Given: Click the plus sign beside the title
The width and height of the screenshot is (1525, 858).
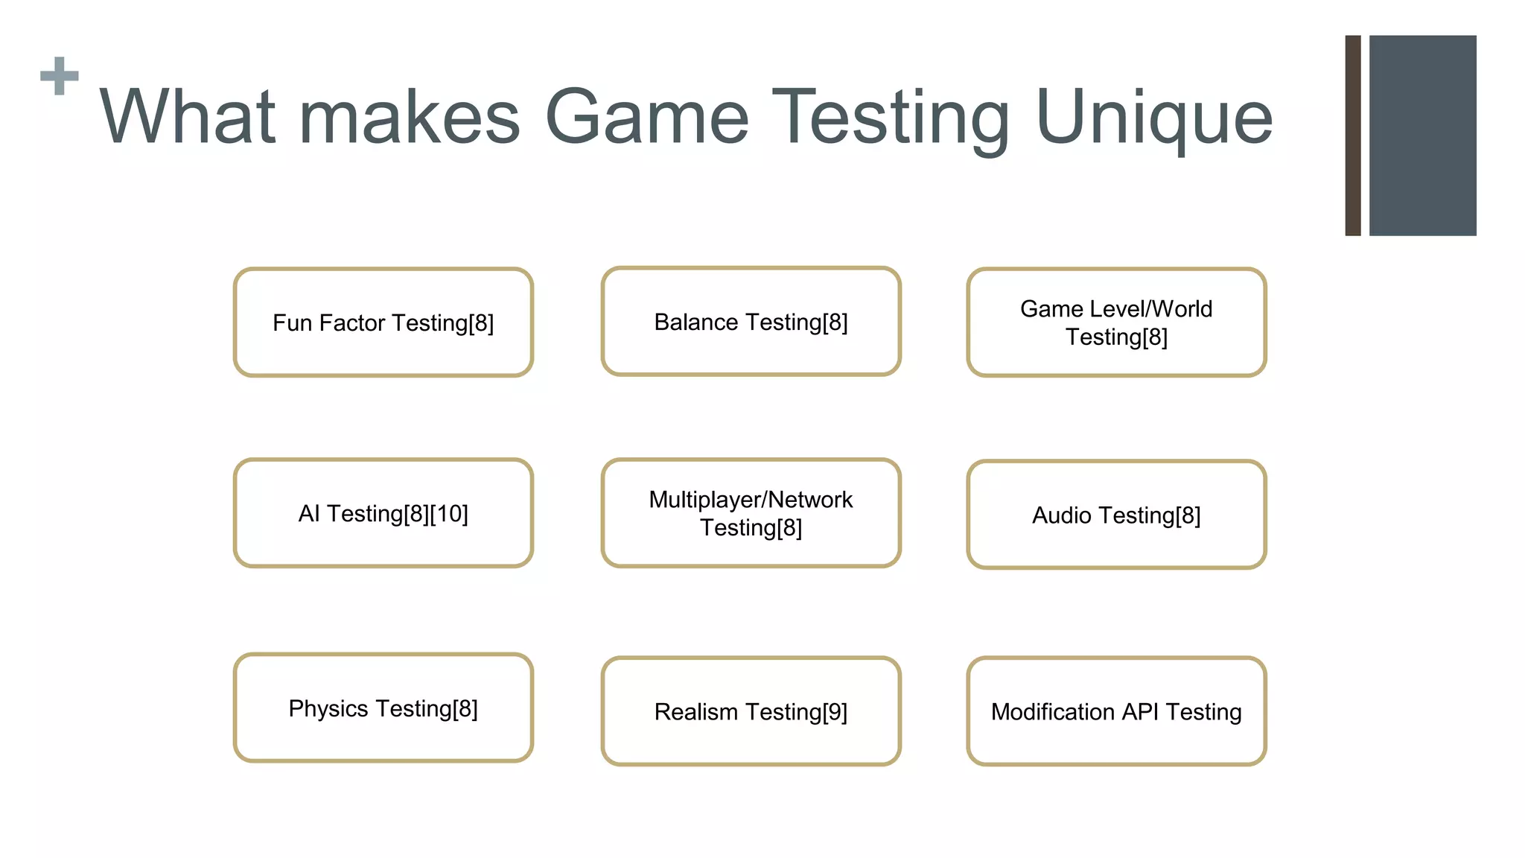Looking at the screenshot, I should (x=60, y=76).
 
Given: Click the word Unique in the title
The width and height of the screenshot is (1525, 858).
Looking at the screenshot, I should (x=1153, y=118).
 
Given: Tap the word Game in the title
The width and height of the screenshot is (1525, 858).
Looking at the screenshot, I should (x=646, y=118).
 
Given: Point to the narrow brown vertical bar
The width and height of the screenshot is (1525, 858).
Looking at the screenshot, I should (x=1352, y=136).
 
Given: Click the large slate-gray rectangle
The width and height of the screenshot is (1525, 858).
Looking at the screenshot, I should (x=1422, y=136).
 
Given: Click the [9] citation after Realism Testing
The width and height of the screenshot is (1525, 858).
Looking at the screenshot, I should (x=835, y=712).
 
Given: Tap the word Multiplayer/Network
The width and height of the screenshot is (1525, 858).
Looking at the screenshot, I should (x=751, y=500).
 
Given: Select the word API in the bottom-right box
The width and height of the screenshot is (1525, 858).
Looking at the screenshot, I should (x=1139, y=712).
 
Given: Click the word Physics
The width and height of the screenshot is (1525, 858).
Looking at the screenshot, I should (x=328, y=709).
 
